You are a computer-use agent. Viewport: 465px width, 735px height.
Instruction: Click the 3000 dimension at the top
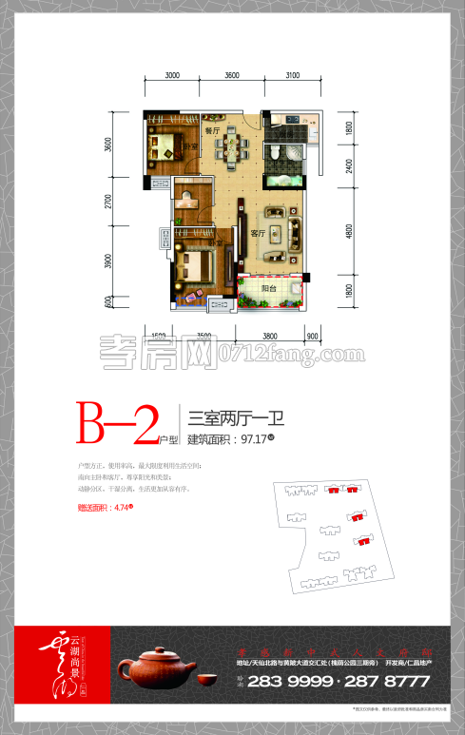(x=171, y=74)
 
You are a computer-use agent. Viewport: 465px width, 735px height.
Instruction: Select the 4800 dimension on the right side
(x=349, y=230)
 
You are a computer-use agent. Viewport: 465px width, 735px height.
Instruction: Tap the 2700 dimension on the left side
(x=110, y=202)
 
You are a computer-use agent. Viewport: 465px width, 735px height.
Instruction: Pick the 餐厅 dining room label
(x=212, y=128)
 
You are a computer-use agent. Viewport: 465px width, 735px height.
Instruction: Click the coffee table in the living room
(x=281, y=233)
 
